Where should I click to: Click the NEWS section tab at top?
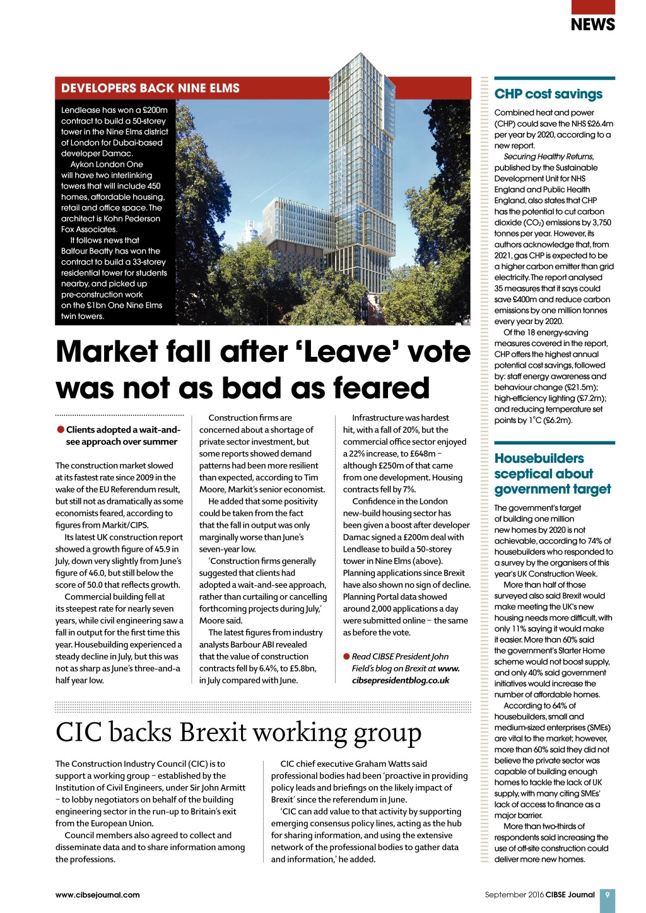[592, 24]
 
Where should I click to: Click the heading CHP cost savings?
[548, 94]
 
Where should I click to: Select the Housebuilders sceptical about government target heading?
[552, 474]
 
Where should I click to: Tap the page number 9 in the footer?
[607, 895]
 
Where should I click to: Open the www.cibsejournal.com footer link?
[97, 895]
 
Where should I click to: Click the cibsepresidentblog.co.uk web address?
[401, 680]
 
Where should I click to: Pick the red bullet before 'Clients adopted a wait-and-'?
[61, 430]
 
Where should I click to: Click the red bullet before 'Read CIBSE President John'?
[346, 656]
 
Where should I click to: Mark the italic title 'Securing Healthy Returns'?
[548, 156]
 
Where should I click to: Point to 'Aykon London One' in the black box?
[107, 165]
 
